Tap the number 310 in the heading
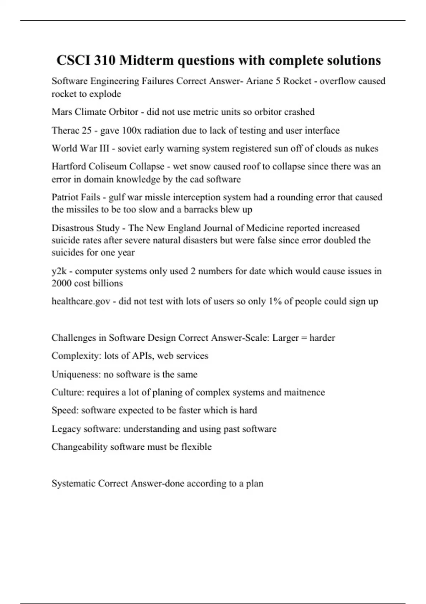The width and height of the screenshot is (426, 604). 105,60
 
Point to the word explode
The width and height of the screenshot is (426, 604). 105,94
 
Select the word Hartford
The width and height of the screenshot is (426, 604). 69,167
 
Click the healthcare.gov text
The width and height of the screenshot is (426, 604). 81,302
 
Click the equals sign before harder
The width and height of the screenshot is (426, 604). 304,338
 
